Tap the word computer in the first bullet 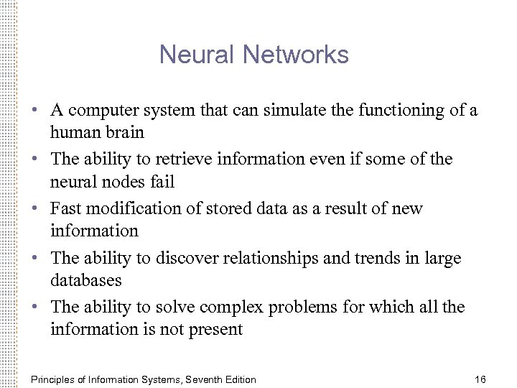click(x=99, y=111)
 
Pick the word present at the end click(x=219, y=331)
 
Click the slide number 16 click(x=480, y=379)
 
